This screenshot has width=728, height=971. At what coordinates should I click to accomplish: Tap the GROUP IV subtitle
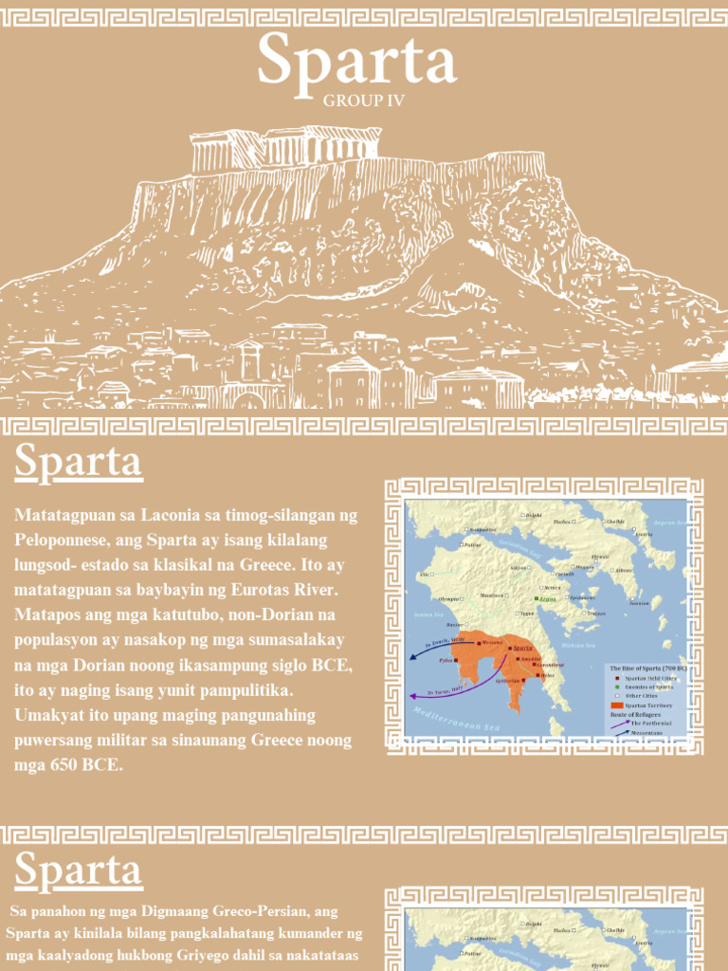(x=364, y=101)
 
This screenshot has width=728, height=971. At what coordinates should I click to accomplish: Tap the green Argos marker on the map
(x=542, y=599)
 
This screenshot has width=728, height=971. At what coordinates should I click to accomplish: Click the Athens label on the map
(x=623, y=570)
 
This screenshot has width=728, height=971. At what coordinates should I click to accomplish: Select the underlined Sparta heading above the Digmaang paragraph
(x=79, y=870)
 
